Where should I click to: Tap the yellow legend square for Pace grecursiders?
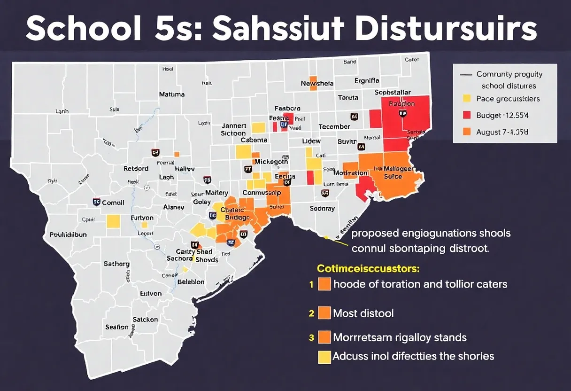click(467, 99)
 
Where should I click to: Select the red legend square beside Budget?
click(467, 115)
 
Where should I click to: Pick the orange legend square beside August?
click(467, 132)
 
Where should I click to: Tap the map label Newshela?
click(317, 83)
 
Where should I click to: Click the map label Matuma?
click(171, 94)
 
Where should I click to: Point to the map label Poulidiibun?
click(68, 235)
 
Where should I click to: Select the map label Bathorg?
click(116, 264)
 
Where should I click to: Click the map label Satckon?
click(145, 320)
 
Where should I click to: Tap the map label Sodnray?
click(322, 208)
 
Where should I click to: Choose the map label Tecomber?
click(334, 127)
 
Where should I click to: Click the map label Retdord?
click(136, 168)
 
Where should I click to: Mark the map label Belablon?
click(191, 282)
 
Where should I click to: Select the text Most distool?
click(363, 313)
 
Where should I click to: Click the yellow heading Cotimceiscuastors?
click(368, 269)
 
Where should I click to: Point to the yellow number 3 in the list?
click(311, 337)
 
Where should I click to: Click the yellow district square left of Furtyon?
click(113, 221)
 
